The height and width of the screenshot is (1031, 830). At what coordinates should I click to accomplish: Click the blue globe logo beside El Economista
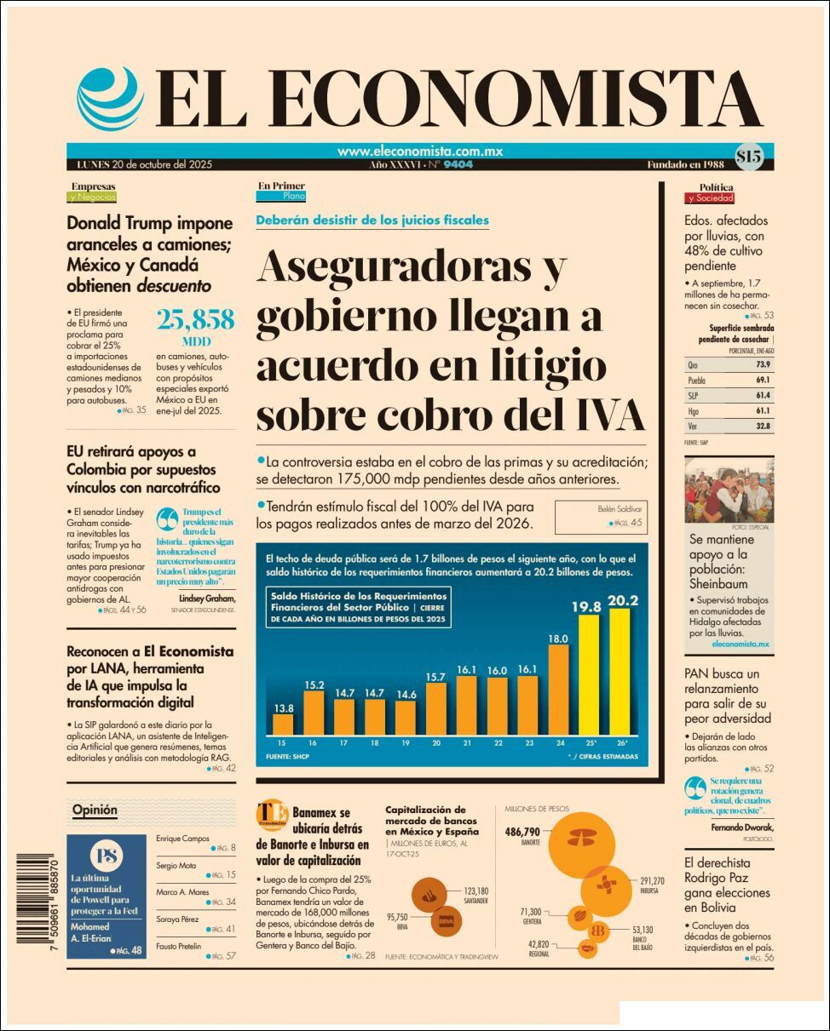point(110,97)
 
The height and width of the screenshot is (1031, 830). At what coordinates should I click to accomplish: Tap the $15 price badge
point(749,156)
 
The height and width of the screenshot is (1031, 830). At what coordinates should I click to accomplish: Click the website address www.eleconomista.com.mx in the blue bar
point(420,151)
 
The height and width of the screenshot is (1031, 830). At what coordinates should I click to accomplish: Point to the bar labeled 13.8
point(283,724)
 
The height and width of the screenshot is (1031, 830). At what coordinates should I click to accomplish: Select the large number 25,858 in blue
point(196,320)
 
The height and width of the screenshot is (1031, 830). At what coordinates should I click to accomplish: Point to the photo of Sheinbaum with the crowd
point(729,491)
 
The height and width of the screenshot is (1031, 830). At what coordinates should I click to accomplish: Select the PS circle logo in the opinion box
point(108,856)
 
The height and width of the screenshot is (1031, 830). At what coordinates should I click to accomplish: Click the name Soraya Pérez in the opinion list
point(177,919)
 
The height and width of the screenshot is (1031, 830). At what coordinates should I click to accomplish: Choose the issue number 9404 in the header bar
point(458,164)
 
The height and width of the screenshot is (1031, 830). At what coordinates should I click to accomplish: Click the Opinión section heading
point(95,810)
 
